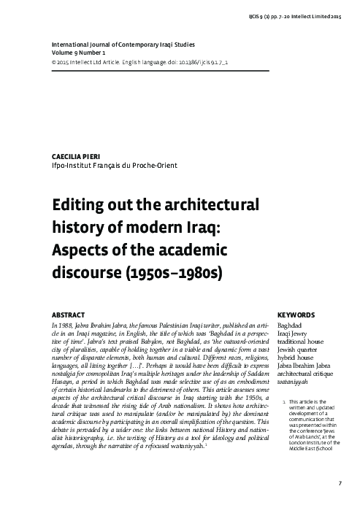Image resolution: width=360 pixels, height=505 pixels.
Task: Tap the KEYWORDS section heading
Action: [295, 315]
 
